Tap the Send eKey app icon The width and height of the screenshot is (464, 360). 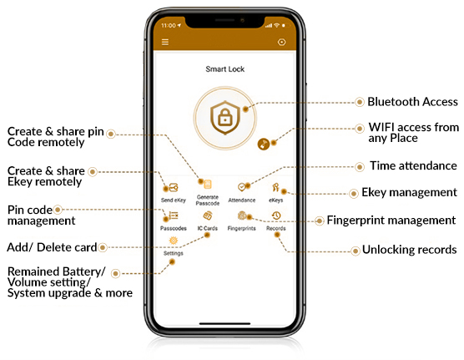(174, 187)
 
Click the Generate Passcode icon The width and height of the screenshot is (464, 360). (208, 183)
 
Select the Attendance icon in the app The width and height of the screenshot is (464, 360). (242, 188)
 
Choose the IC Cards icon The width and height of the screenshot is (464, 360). (208, 215)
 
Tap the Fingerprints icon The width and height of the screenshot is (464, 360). (242, 215)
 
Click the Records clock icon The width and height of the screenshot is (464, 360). (275, 215)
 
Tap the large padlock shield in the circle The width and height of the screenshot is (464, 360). (224, 119)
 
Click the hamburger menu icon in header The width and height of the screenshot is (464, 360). (165, 41)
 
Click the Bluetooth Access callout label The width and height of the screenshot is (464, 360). (412, 102)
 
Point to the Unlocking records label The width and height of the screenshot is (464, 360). (409, 250)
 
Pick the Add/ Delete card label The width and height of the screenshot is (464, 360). (52, 247)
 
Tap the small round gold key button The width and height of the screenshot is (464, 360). (264, 144)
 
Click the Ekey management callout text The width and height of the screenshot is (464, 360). (409, 193)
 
